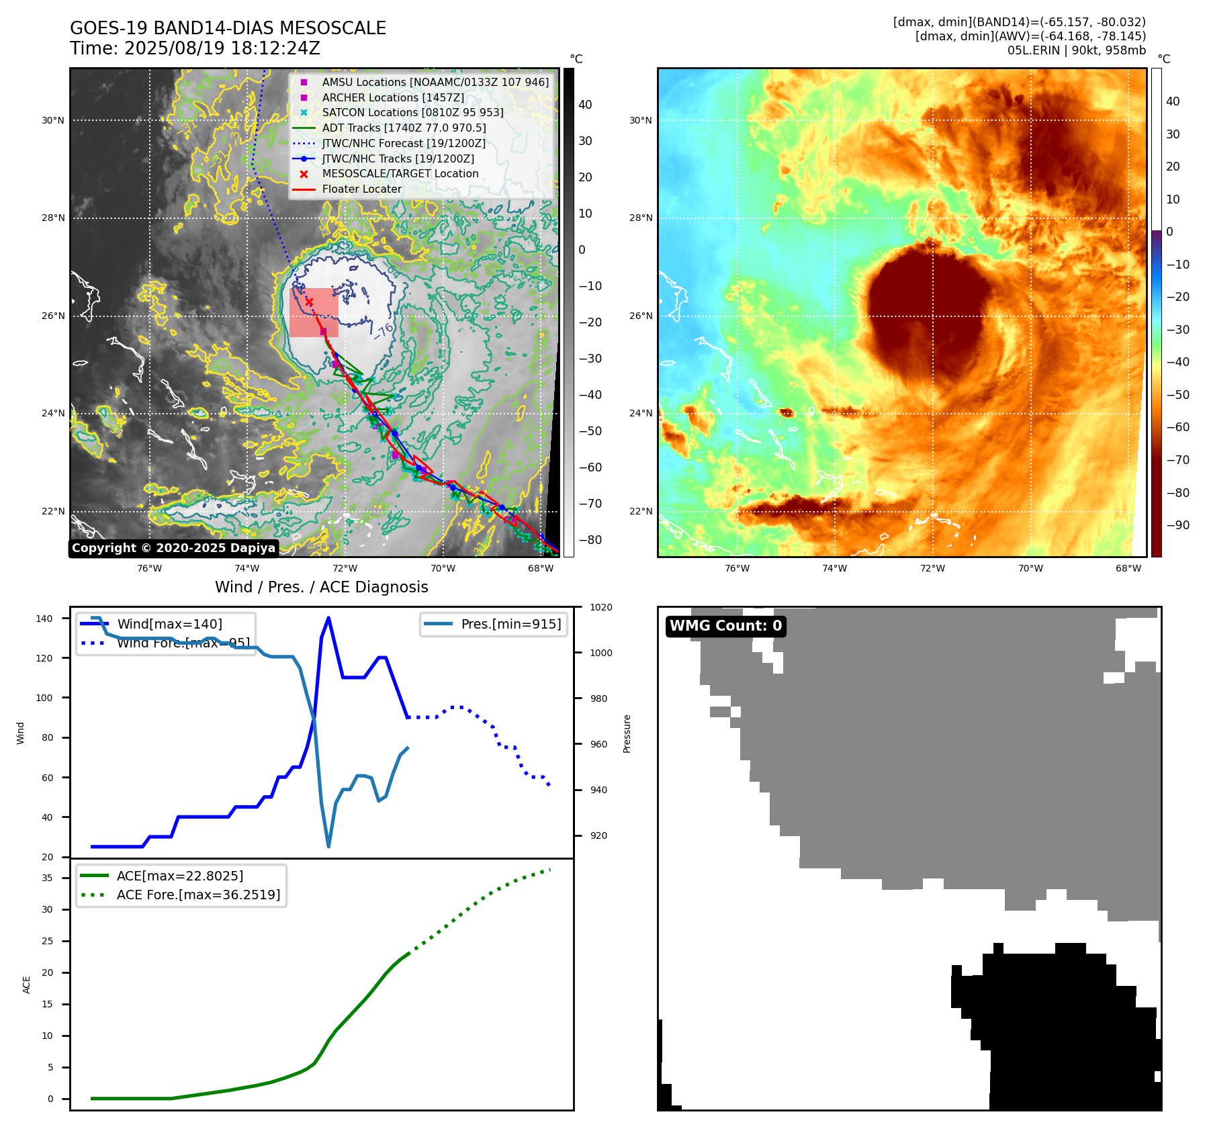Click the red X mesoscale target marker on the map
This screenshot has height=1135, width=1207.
309,302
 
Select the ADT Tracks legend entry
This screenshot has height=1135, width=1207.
404,128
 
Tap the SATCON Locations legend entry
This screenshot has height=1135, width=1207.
412,112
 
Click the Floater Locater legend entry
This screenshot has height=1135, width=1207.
361,189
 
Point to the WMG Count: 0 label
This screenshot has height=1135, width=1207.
725,626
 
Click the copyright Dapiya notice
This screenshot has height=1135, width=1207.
173,548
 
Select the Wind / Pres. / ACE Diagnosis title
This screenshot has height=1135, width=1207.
321,587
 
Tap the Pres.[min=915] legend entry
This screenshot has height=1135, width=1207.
510,624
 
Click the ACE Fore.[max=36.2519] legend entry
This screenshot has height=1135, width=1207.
198,895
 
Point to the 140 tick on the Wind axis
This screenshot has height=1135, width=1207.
44,619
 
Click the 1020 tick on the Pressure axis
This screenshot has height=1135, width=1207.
600,607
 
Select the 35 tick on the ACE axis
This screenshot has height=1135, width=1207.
47,878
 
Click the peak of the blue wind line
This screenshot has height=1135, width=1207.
328,618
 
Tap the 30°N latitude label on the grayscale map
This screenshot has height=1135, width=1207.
53,121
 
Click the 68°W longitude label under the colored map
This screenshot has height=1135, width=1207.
1128,568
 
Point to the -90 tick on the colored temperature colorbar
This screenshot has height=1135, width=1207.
1177,525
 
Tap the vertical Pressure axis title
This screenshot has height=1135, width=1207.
627,733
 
